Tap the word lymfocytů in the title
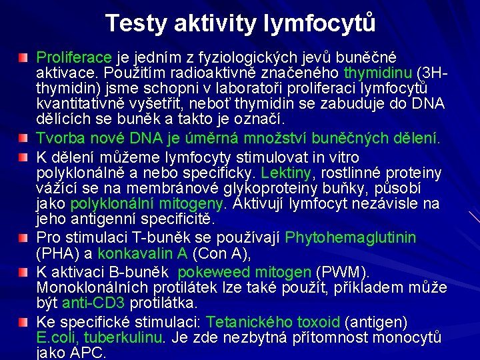321,24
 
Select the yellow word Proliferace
75,57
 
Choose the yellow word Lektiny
287,173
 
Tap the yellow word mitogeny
197,204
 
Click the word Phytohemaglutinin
351,237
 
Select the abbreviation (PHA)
55,253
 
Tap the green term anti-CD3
93,303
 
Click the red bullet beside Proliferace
25,58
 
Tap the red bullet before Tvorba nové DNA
25,139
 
